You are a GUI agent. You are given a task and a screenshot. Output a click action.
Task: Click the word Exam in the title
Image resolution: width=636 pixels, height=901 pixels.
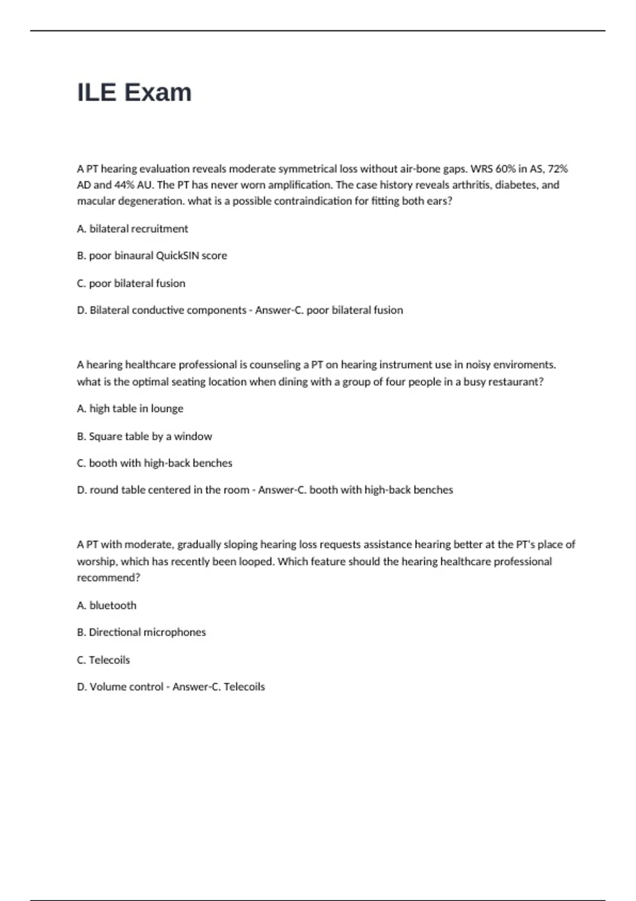tap(158, 93)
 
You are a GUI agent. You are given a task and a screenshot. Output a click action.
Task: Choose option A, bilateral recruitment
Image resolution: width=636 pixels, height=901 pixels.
tap(132, 229)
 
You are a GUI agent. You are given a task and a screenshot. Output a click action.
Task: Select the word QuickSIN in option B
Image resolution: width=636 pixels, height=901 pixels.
tap(178, 255)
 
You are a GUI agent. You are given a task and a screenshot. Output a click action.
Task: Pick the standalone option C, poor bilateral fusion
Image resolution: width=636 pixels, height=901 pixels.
tap(131, 284)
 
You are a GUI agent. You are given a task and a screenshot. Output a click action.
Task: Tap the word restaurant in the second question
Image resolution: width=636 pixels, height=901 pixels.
tap(516, 382)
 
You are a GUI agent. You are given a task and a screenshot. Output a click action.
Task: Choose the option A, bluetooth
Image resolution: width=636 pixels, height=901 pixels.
tap(107, 605)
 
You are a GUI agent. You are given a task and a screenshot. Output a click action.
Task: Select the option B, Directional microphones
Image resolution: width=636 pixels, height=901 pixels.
tap(141, 632)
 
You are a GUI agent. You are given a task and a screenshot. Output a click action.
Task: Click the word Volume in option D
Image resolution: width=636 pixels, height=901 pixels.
tap(109, 687)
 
